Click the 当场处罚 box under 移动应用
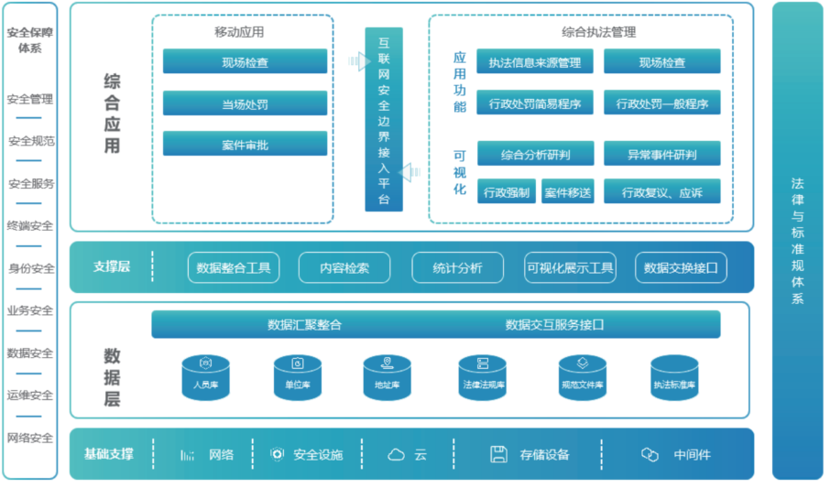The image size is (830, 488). coord(245,103)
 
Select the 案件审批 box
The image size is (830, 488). coord(245,144)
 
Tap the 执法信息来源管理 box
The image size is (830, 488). coord(535,62)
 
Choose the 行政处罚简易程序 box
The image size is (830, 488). coord(535,103)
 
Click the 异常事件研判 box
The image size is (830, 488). coord(661,154)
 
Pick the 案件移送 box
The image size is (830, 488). coord(567,192)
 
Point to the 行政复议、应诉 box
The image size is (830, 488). coord(661,192)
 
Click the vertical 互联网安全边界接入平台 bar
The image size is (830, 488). coord(384,119)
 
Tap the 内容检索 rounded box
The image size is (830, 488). coord(344,267)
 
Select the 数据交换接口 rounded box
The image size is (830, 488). coord(681,267)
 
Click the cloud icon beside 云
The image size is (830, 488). coord(396,454)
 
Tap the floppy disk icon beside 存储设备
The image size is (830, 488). coord(499,454)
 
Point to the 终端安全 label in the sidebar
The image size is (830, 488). coord(30,225)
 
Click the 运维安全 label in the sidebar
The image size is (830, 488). coord(30,396)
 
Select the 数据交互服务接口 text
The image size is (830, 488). coord(554,324)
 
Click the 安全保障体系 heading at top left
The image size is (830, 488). coord(30,40)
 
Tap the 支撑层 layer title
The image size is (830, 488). coord(111,266)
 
